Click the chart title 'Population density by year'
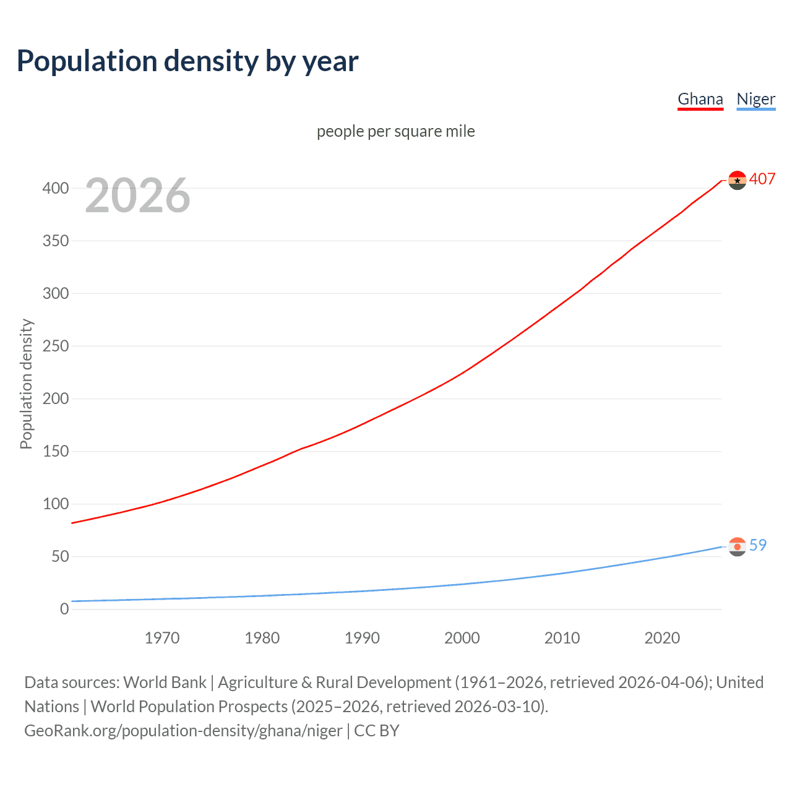point(187,61)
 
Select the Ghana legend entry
point(700,99)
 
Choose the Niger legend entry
point(755,99)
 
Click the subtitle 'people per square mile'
point(395,131)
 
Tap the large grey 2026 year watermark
point(137,196)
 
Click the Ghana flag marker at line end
point(737,180)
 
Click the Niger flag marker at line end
point(737,546)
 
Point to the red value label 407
point(762,179)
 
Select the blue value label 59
point(758,545)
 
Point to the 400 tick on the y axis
point(55,188)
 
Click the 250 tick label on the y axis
point(55,346)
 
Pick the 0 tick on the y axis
point(64,609)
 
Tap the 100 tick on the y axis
point(55,504)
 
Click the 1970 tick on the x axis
point(162,638)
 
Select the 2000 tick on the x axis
point(462,638)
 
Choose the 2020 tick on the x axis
point(662,638)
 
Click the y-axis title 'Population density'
point(26,384)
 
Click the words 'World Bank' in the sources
point(165,682)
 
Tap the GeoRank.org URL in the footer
point(183,731)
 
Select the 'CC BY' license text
point(377,731)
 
